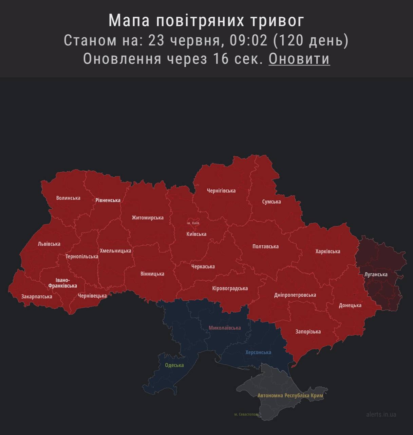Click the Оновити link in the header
click(x=299, y=58)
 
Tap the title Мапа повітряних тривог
click(x=206, y=20)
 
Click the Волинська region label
click(x=68, y=198)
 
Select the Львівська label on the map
click(x=49, y=244)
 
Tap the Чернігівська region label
click(x=221, y=191)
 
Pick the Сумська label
click(x=271, y=202)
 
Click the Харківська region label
click(x=328, y=251)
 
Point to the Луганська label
click(x=376, y=274)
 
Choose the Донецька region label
click(x=350, y=305)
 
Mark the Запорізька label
click(x=308, y=332)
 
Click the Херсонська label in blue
click(x=258, y=352)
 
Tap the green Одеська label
click(x=174, y=365)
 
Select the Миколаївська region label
click(x=225, y=328)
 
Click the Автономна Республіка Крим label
click(x=290, y=395)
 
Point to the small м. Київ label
click(x=193, y=223)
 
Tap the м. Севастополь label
click(x=246, y=414)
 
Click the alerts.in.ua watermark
click(x=381, y=414)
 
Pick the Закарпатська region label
click(x=37, y=296)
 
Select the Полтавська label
click(x=265, y=246)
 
